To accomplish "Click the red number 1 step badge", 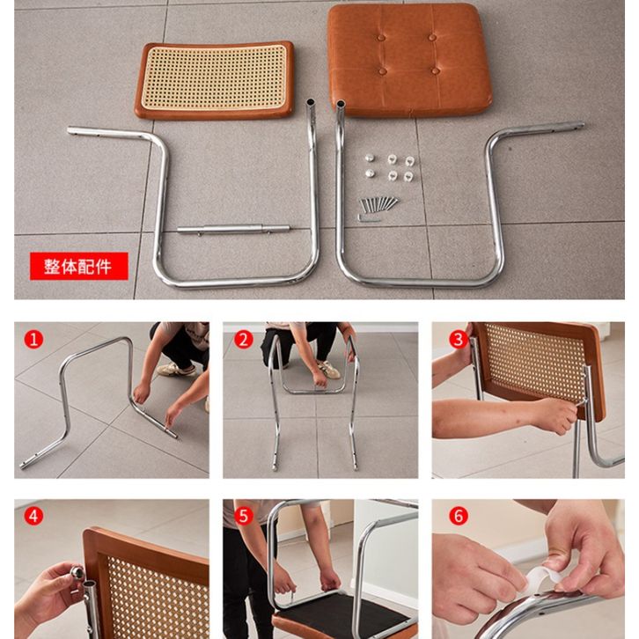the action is coord(33,339).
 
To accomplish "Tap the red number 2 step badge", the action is coord(243,340).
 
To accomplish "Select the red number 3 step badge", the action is coord(459,339).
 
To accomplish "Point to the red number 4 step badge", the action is coord(33,516).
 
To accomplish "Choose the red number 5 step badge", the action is coord(243,516).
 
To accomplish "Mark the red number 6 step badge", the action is coord(459,516).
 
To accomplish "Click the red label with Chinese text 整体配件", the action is coord(79,266).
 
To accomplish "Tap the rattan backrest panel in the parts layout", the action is coord(215,79).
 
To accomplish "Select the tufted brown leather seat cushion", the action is coord(408,60).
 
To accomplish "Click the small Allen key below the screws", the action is coord(369,218).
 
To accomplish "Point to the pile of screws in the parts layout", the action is coord(378,203).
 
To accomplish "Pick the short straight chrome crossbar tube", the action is coord(233,230).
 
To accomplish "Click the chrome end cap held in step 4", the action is coord(77,573).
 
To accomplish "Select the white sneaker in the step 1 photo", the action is coord(176,369).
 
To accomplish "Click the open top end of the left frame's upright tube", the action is coord(311,101).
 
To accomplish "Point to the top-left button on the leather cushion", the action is coord(381,38).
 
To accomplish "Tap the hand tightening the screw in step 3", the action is coord(556,416).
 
